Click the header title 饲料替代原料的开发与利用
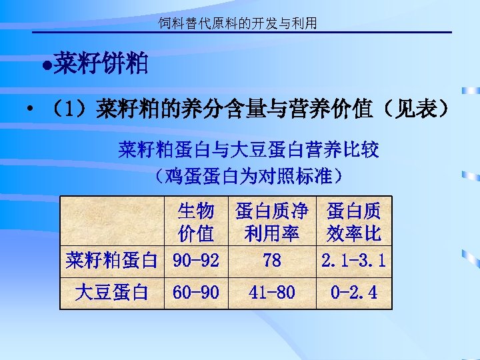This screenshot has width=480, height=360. click(x=237, y=24)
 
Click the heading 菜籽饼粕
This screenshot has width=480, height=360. click(x=101, y=65)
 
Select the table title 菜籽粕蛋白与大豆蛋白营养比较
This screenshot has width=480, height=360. click(x=249, y=149)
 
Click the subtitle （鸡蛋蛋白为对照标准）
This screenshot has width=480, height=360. click(x=247, y=176)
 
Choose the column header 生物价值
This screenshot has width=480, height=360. click(x=195, y=223)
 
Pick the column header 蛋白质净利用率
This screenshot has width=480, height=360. click(x=271, y=223)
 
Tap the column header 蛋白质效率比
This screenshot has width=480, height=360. click(x=353, y=223)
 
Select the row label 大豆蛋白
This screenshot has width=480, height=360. click(x=112, y=292)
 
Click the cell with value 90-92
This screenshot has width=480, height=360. click(x=196, y=260)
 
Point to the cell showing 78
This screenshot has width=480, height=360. click(x=271, y=260)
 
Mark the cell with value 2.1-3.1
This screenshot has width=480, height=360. click(x=353, y=260)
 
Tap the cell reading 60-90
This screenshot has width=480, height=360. click(x=196, y=292)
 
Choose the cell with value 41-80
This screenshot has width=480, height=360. click(x=271, y=292)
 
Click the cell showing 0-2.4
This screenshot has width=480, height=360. click(x=353, y=292)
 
